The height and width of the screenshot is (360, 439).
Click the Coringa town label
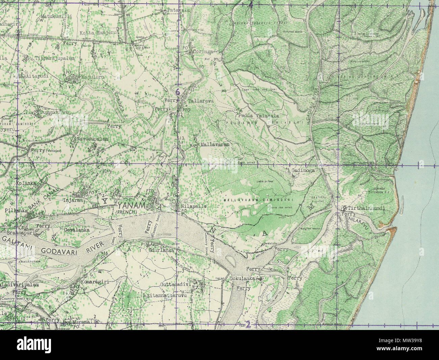click(204, 52)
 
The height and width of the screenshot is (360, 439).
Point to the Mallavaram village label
click(215, 144)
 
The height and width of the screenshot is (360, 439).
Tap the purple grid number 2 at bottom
click(248, 325)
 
